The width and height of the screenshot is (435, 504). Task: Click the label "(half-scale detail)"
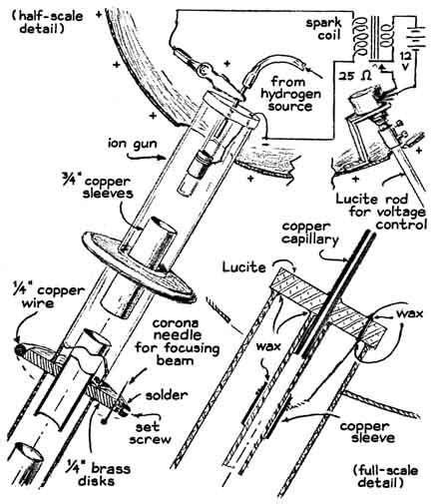[x=46, y=18]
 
